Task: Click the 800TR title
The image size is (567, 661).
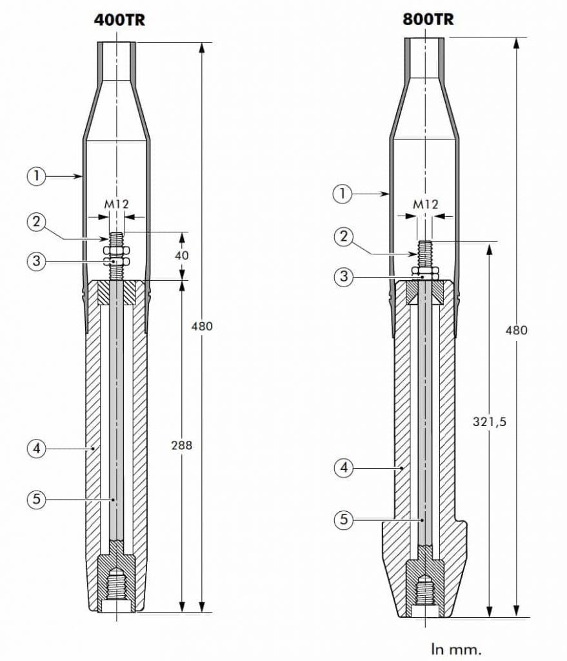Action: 428,19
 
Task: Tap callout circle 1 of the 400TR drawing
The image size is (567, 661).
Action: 37,176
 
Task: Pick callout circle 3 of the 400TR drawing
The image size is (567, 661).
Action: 37,261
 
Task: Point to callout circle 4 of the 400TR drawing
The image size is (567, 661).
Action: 37,448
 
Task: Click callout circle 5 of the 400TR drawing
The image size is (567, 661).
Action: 37,499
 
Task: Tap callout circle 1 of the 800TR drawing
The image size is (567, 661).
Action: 343,192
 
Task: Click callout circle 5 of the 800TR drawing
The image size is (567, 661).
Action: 343,519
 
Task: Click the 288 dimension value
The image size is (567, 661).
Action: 183,445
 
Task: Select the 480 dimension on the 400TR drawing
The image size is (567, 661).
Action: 202,326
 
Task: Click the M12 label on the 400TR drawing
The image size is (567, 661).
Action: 117,204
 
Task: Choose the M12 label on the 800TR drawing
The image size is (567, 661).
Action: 426,204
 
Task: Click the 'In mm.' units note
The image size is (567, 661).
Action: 455,647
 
